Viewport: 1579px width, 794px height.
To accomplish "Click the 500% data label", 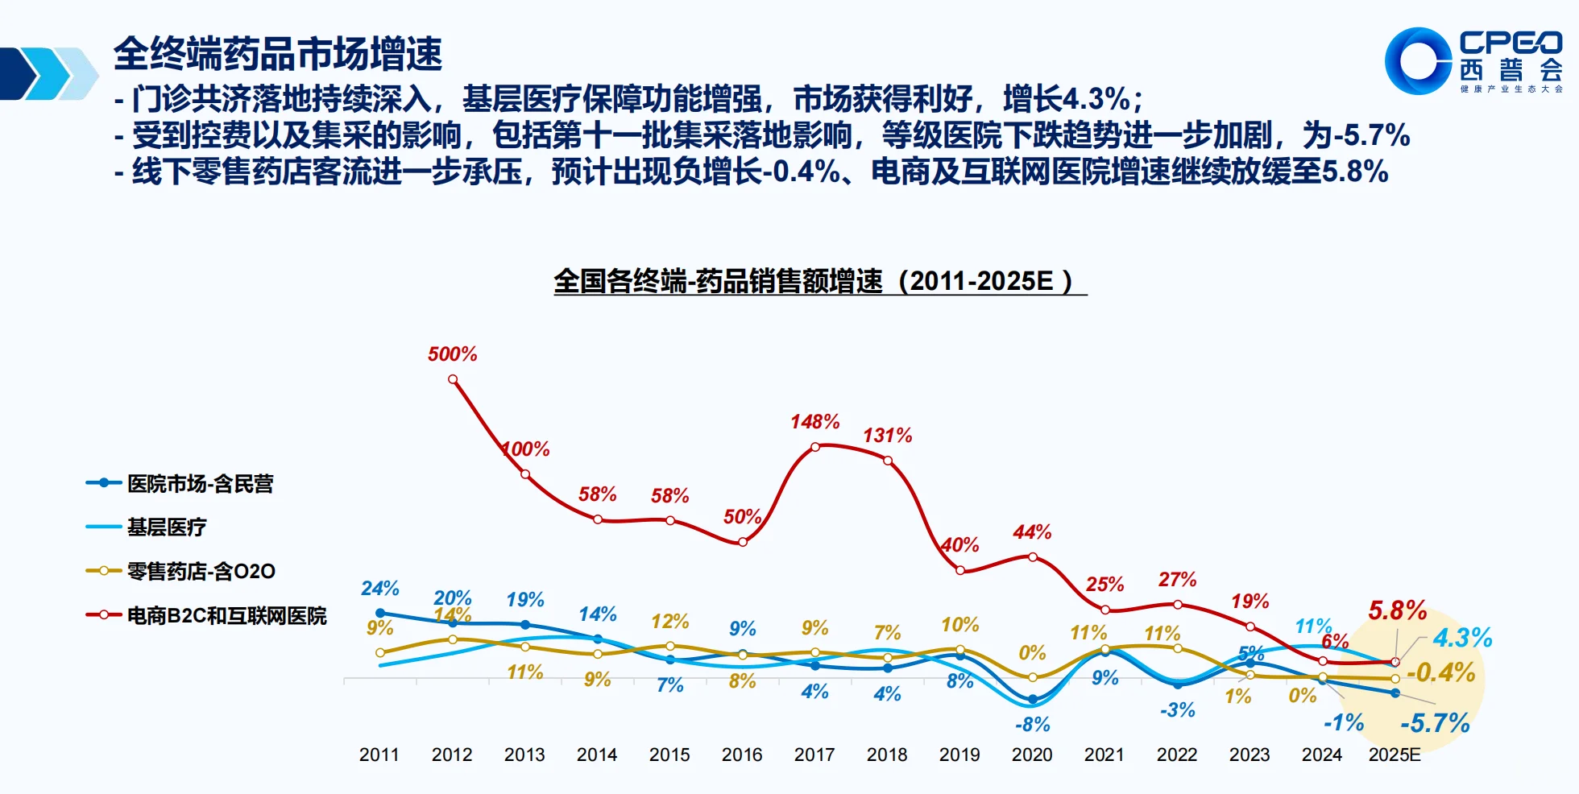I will (x=452, y=354).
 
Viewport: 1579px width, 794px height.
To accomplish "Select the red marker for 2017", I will (x=815, y=447).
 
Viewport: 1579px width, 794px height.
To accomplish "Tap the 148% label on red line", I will (x=814, y=422).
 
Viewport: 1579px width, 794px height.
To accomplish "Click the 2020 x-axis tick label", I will (x=1032, y=755).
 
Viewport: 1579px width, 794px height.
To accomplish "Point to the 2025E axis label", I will (x=1395, y=755).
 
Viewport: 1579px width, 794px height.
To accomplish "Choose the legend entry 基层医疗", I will (x=167, y=527).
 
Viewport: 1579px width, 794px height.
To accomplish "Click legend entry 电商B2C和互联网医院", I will (x=226, y=616).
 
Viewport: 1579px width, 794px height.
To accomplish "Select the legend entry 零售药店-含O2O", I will (x=201, y=572).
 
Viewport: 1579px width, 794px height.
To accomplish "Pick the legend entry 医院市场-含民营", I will (x=200, y=484).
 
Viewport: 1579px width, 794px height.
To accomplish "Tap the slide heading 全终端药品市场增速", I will (x=278, y=55).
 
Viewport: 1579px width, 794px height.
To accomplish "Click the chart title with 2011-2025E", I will (x=819, y=281).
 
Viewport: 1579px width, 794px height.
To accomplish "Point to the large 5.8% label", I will (x=1397, y=610).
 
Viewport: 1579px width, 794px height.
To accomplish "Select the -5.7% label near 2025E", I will (x=1435, y=723).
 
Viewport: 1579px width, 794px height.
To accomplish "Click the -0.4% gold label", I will (x=1440, y=672).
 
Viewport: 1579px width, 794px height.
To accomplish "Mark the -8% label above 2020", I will (x=1032, y=725).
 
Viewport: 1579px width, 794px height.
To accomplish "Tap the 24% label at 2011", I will (x=379, y=589).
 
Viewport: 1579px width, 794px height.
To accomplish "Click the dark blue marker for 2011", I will (x=380, y=613).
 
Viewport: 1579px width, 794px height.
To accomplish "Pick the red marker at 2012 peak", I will (x=453, y=378).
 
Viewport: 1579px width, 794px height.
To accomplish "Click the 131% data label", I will (x=887, y=436).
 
